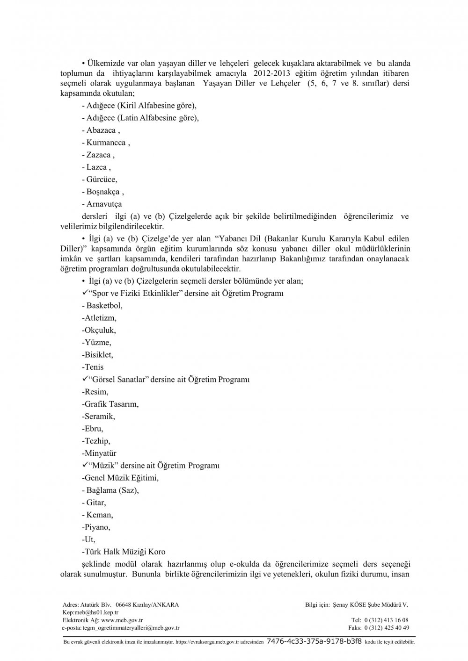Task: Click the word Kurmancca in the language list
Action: tap(106, 143)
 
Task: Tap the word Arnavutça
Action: tap(104, 204)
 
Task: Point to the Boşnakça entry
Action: tap(103, 192)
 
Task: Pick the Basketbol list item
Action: tap(104, 305)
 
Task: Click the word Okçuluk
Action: tap(100, 330)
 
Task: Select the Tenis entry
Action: tap(94, 367)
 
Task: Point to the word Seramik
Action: tap(99, 416)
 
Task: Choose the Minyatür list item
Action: tap(100, 453)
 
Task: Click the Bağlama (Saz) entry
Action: tap(112, 490)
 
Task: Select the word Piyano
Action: tap(96, 527)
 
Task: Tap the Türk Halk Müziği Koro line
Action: tap(124, 552)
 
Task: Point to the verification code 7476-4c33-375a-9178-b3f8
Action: tap(314, 642)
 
